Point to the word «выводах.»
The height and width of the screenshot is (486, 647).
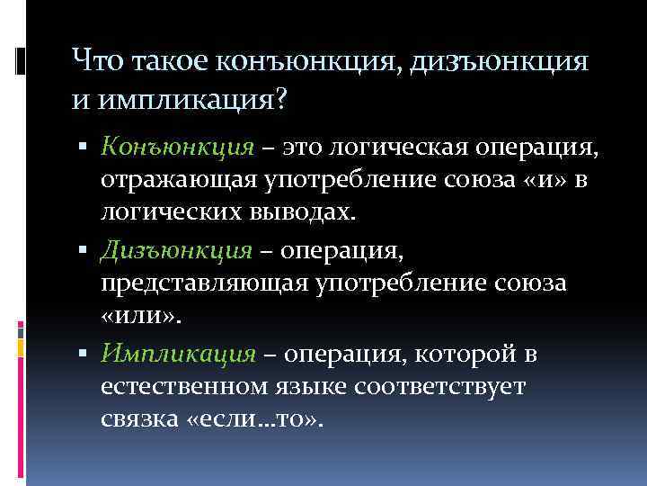click(309, 214)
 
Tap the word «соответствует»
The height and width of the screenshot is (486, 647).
click(457, 388)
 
